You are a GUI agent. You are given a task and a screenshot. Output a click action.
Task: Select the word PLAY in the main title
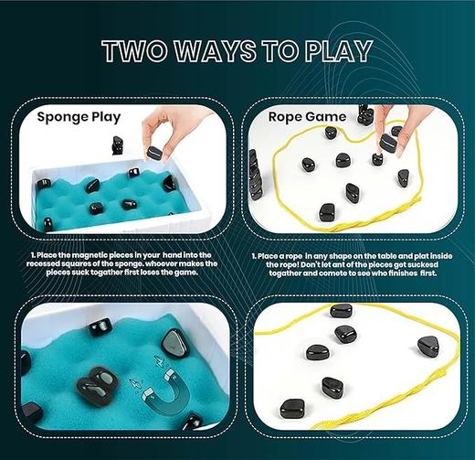tap(335, 53)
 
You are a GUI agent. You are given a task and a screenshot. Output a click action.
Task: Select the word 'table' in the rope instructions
tap(375, 256)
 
